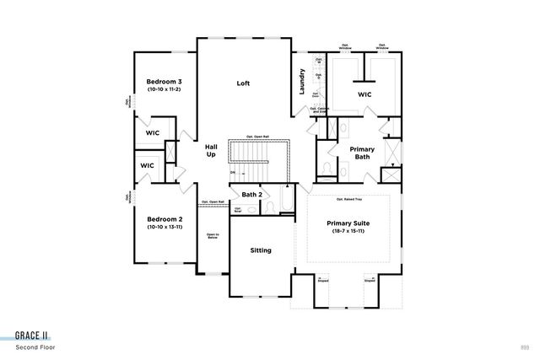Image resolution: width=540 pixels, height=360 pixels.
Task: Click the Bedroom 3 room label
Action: (x=165, y=82)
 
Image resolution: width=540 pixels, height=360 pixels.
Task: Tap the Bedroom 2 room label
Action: (x=165, y=218)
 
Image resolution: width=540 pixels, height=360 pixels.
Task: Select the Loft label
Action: (x=243, y=83)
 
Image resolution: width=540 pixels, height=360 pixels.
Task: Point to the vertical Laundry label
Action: (x=301, y=82)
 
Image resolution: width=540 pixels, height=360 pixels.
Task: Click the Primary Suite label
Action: (x=348, y=223)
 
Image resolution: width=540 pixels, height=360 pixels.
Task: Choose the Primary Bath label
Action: (x=362, y=153)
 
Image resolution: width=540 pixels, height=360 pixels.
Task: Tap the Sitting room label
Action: (x=261, y=250)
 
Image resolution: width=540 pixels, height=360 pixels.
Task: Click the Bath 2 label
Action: (x=252, y=195)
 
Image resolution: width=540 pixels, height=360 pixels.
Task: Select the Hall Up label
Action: (x=212, y=151)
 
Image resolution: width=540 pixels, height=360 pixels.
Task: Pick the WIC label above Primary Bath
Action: (x=364, y=94)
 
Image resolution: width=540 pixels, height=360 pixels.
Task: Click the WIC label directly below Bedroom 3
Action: (x=153, y=133)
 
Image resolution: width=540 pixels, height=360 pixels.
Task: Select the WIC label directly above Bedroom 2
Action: (x=147, y=165)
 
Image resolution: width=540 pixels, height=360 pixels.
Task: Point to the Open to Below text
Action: (x=213, y=237)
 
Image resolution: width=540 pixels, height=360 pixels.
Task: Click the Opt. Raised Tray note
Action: (x=348, y=200)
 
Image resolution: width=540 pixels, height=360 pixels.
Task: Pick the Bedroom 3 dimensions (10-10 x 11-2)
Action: (x=165, y=89)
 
